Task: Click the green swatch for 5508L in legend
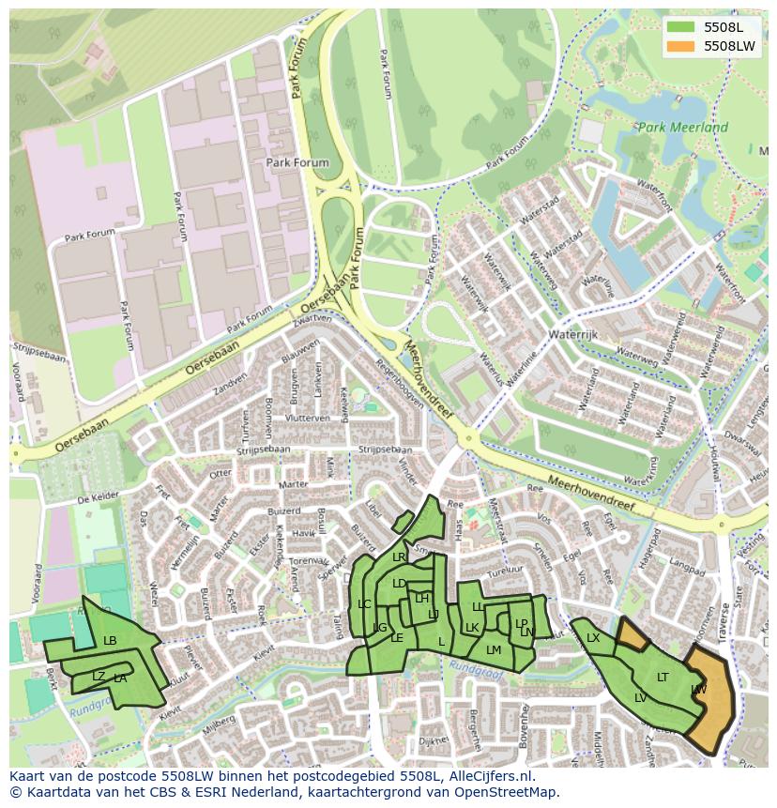(x=681, y=27)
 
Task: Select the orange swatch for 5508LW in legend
(x=681, y=46)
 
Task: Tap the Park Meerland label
(x=682, y=128)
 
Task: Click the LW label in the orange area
(x=698, y=690)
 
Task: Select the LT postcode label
(x=663, y=677)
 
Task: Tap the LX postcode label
(x=593, y=638)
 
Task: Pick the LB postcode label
(x=110, y=641)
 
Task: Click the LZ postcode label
(x=99, y=676)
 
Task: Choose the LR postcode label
(x=399, y=557)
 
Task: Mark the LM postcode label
(x=494, y=649)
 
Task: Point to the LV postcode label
(x=640, y=697)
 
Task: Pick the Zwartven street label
(x=312, y=321)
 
